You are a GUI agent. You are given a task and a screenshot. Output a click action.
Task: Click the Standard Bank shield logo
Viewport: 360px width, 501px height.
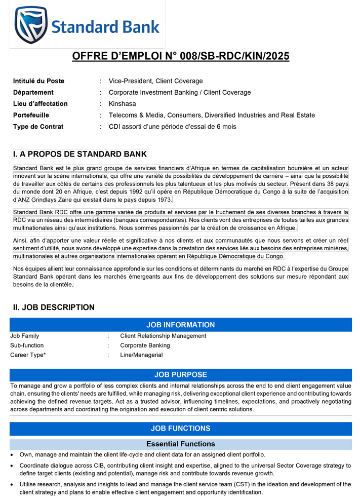(32, 25)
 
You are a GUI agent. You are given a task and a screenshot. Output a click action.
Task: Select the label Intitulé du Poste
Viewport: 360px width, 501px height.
(38, 81)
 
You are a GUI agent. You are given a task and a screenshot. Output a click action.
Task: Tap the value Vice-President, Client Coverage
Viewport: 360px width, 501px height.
(155, 81)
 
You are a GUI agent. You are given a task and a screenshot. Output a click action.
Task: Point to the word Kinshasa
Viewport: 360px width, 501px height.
(123, 104)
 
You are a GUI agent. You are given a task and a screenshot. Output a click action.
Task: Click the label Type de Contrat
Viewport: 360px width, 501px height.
(38, 127)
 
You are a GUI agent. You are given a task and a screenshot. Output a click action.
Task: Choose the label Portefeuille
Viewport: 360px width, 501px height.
(31, 115)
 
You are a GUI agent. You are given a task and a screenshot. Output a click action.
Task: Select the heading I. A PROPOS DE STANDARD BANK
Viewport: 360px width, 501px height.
(79, 154)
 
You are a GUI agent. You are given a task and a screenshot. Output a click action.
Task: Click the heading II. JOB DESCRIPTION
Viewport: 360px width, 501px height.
(54, 307)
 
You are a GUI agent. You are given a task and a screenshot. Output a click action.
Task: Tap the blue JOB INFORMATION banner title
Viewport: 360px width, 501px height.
(180, 325)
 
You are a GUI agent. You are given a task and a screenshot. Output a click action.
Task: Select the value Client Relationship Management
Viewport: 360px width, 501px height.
(163, 336)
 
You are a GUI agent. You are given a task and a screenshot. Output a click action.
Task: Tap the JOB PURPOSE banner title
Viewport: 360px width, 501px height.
(180, 375)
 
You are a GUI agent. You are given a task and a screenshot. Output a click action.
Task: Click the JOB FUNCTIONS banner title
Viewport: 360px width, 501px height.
(180, 429)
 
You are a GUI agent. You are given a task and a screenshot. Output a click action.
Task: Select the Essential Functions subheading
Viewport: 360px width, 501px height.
(180, 444)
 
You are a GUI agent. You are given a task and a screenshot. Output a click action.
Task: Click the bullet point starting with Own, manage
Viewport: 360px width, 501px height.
(142, 455)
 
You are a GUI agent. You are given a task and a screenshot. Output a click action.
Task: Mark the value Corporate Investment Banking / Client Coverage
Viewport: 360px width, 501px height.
(180, 92)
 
